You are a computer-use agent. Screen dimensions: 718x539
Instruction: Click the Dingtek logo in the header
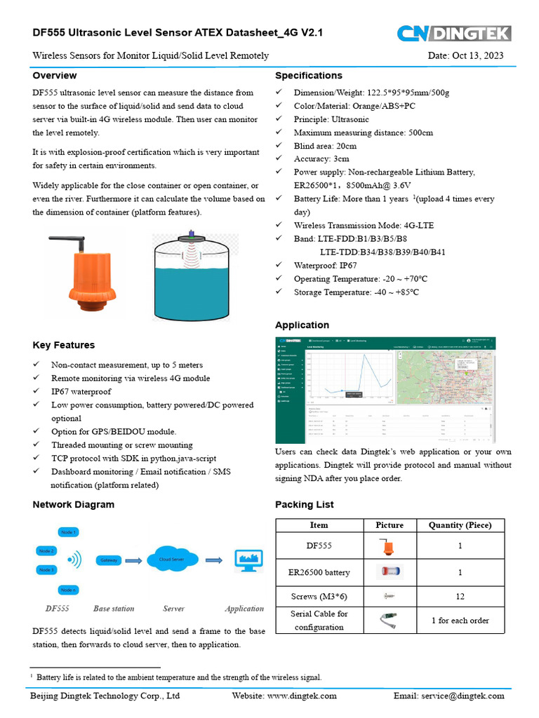[x=454, y=33]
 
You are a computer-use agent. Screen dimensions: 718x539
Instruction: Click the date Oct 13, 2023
[x=465, y=56]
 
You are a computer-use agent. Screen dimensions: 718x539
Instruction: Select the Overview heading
[x=55, y=76]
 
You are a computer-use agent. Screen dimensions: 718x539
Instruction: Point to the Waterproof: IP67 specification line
[x=325, y=265]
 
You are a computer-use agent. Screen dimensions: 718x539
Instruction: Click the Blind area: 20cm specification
[x=325, y=146]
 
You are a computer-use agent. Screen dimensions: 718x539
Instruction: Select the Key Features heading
[x=64, y=345]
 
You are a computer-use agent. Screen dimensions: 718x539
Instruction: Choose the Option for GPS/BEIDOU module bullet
[x=114, y=431]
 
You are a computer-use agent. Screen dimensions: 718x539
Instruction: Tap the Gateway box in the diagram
[x=109, y=560]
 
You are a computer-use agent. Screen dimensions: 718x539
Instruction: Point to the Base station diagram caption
[x=114, y=609]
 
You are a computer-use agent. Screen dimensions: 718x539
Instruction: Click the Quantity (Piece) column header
[x=460, y=525]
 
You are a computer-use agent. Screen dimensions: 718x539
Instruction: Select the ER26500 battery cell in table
[x=319, y=572]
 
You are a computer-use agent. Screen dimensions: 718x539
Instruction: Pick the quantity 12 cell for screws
[x=460, y=595]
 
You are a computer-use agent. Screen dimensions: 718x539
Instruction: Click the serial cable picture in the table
[x=390, y=620]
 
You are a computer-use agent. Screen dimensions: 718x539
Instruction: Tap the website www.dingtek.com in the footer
[x=284, y=696]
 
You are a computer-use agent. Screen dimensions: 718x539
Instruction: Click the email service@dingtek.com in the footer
[x=449, y=696]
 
